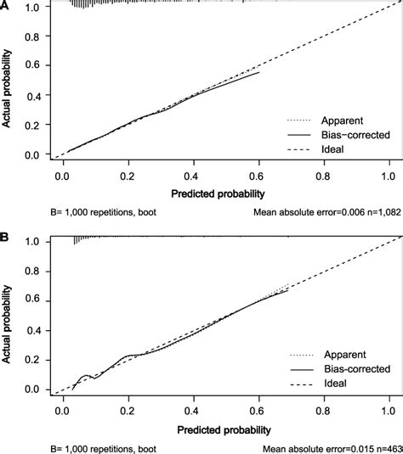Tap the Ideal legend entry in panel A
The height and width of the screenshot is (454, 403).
click(x=334, y=149)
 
